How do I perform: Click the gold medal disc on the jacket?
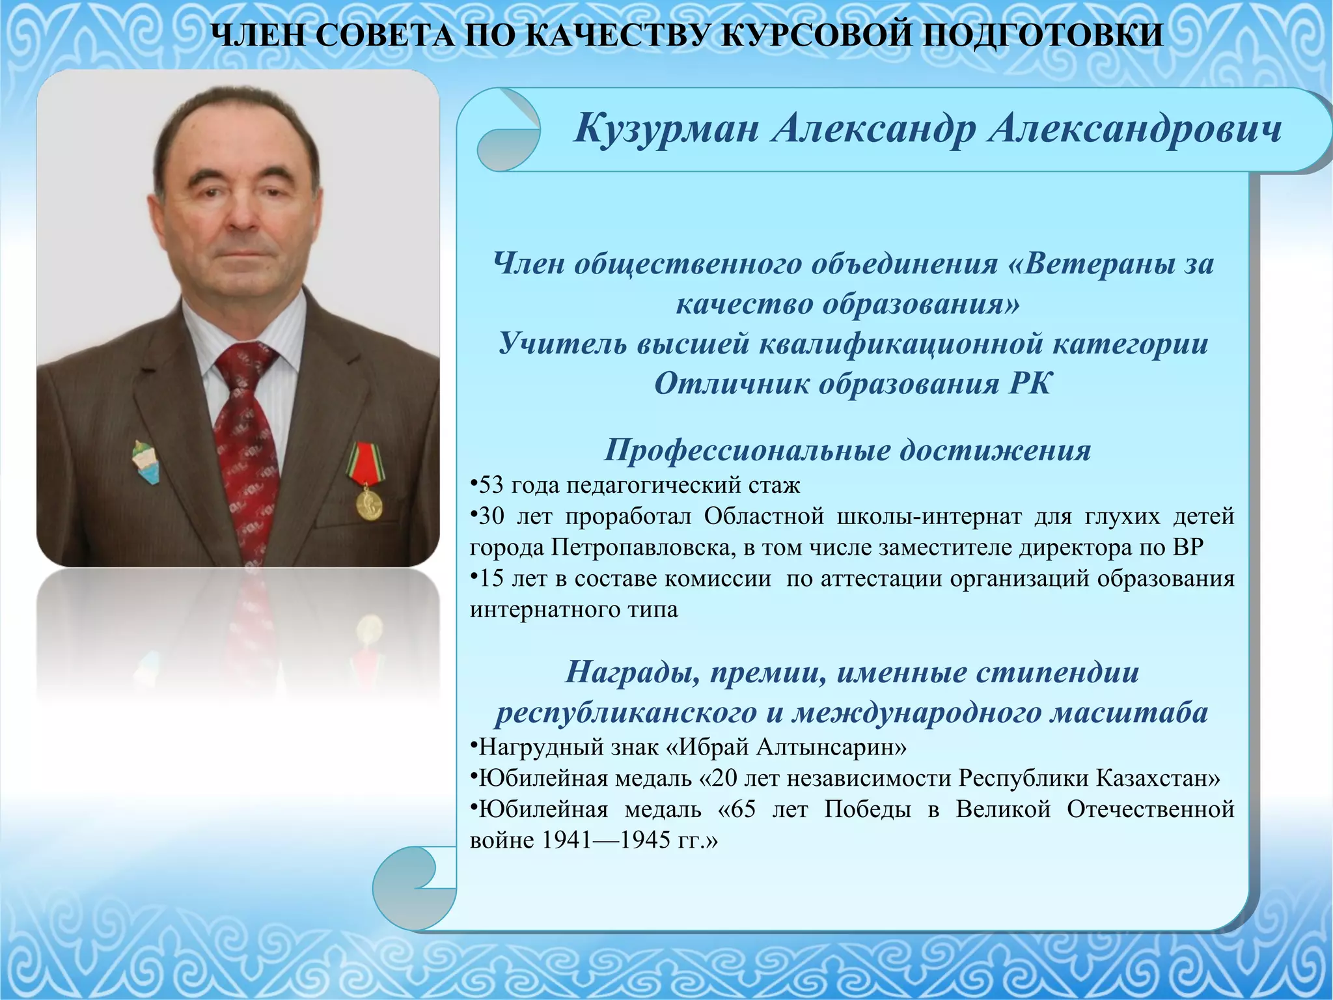click(x=369, y=503)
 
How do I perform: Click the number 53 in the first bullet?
click(x=491, y=485)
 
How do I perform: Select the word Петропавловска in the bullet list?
click(x=644, y=548)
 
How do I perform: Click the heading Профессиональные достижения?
click(x=847, y=450)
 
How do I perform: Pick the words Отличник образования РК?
click(x=852, y=383)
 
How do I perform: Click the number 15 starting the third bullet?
click(x=491, y=579)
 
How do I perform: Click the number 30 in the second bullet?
click(x=491, y=516)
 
